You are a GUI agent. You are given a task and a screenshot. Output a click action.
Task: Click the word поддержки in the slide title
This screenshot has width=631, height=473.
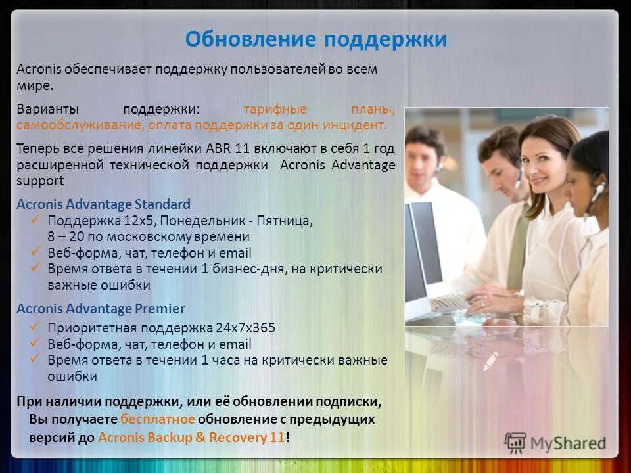[x=386, y=40]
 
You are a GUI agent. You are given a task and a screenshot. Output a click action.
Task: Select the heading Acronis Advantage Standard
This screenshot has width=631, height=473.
[x=103, y=204]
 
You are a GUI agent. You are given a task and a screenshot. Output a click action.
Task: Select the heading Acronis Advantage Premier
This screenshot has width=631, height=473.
[x=101, y=308]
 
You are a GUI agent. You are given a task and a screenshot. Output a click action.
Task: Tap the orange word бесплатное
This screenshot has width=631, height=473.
[x=157, y=419]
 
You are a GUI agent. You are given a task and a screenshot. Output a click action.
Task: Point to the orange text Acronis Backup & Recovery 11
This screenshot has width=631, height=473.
[x=191, y=437]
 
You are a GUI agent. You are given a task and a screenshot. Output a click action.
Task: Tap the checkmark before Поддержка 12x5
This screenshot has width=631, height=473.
[x=36, y=219]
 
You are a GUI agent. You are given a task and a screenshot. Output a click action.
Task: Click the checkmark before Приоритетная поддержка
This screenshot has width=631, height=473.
[x=36, y=326]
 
